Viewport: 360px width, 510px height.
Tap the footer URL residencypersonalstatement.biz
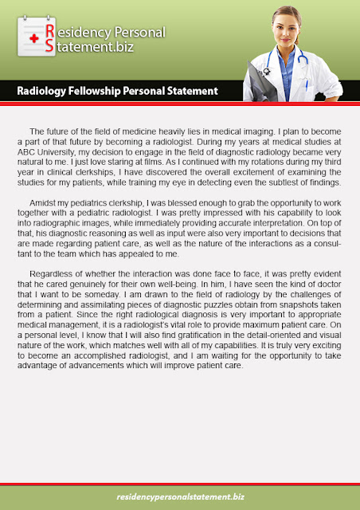[180, 497]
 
